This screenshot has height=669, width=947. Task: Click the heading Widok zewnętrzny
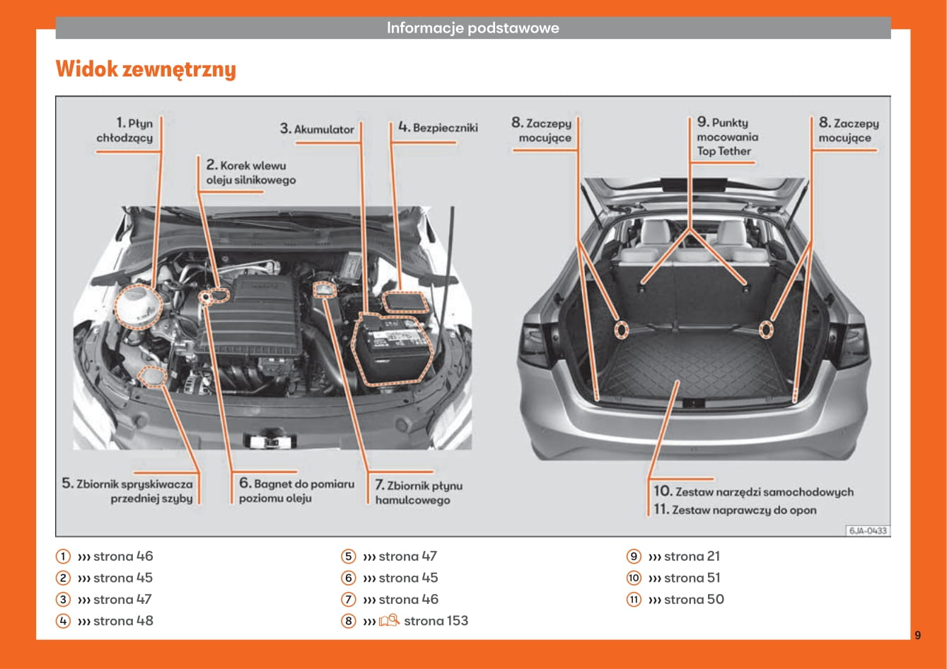click(146, 69)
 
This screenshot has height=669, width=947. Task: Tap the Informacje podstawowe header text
click(472, 28)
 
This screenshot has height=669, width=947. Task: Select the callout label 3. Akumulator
click(317, 130)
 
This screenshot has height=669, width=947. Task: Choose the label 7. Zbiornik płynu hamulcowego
click(418, 493)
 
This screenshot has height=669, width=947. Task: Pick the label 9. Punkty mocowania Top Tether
click(726, 137)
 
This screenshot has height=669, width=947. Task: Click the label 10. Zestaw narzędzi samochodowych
click(753, 491)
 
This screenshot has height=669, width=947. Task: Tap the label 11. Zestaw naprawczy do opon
click(735, 510)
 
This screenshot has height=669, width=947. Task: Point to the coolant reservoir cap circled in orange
click(138, 305)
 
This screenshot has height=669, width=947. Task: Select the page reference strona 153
click(436, 621)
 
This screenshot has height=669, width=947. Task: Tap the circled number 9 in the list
click(634, 556)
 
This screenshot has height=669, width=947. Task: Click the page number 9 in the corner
click(917, 635)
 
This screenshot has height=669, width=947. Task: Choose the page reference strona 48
click(123, 621)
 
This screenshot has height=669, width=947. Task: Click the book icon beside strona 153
click(389, 621)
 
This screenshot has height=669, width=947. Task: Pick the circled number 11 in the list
click(634, 600)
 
